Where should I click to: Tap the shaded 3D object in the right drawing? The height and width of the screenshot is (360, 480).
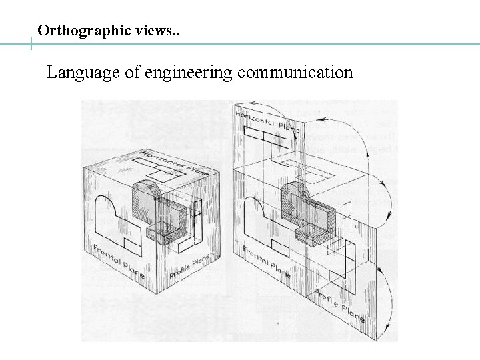point(307,213)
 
